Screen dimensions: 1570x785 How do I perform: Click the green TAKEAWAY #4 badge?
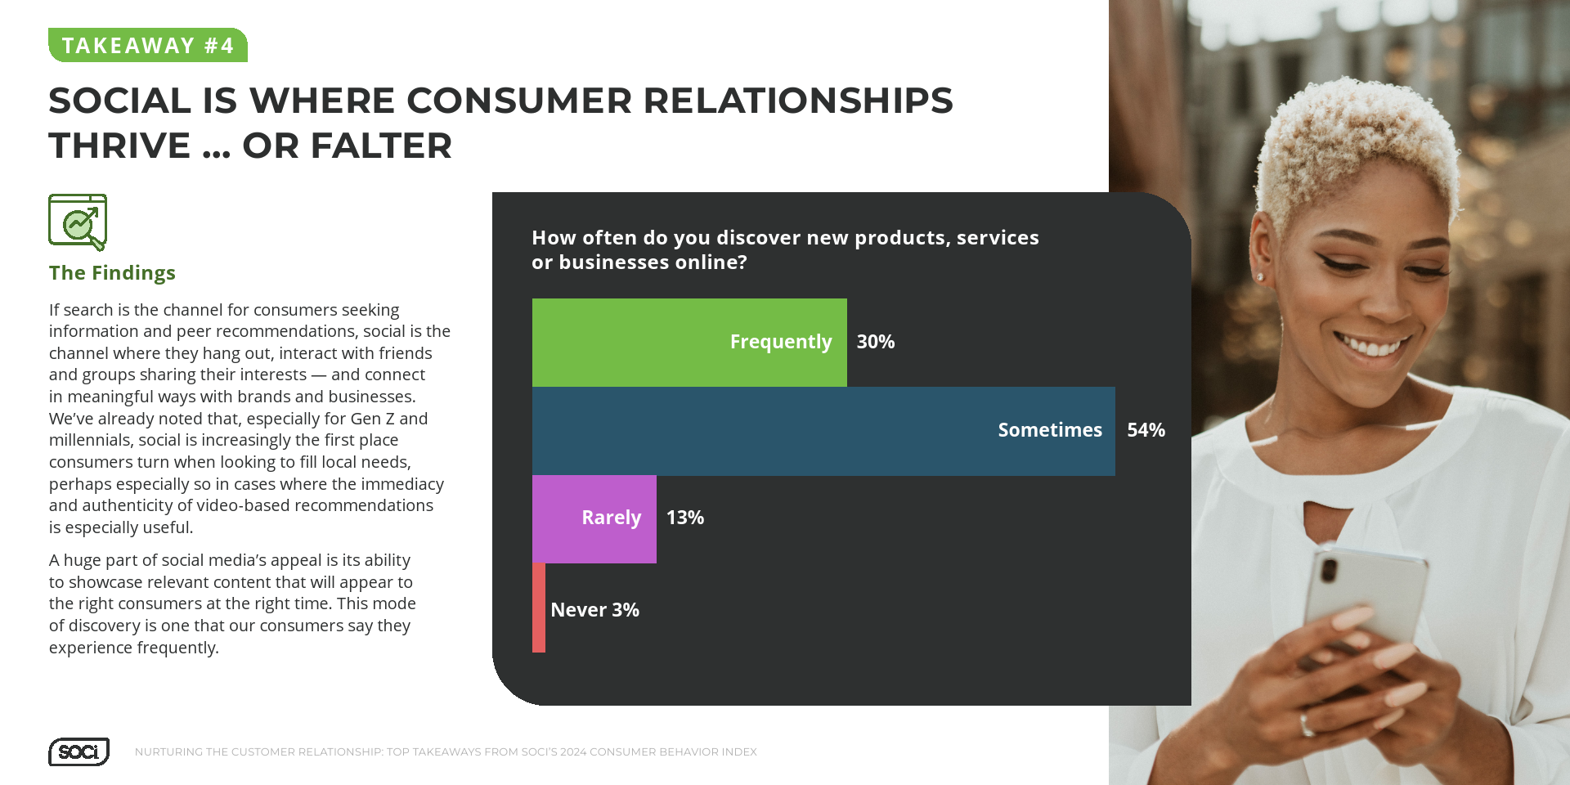tap(148, 45)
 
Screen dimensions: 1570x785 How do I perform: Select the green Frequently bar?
tap(689, 343)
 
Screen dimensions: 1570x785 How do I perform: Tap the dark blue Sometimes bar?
tap(823, 431)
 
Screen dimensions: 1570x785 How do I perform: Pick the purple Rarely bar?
tap(594, 519)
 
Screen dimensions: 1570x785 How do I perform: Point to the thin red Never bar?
tap(539, 608)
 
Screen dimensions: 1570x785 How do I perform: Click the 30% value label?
tap(876, 342)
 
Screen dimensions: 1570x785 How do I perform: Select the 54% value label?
tap(1146, 430)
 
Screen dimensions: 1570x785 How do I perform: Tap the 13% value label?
tap(685, 518)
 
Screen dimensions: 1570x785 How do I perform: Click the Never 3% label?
tap(595, 610)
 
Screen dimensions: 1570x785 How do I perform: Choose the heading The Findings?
tap(112, 273)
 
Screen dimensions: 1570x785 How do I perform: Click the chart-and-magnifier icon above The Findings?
tap(78, 222)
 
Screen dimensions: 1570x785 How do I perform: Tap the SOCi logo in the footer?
tap(78, 751)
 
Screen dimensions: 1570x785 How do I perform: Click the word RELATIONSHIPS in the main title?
tap(798, 101)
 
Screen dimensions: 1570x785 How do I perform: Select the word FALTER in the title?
tap(381, 146)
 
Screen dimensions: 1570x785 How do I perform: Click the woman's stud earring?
tap(1260, 277)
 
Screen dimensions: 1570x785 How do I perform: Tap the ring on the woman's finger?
tap(1306, 724)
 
